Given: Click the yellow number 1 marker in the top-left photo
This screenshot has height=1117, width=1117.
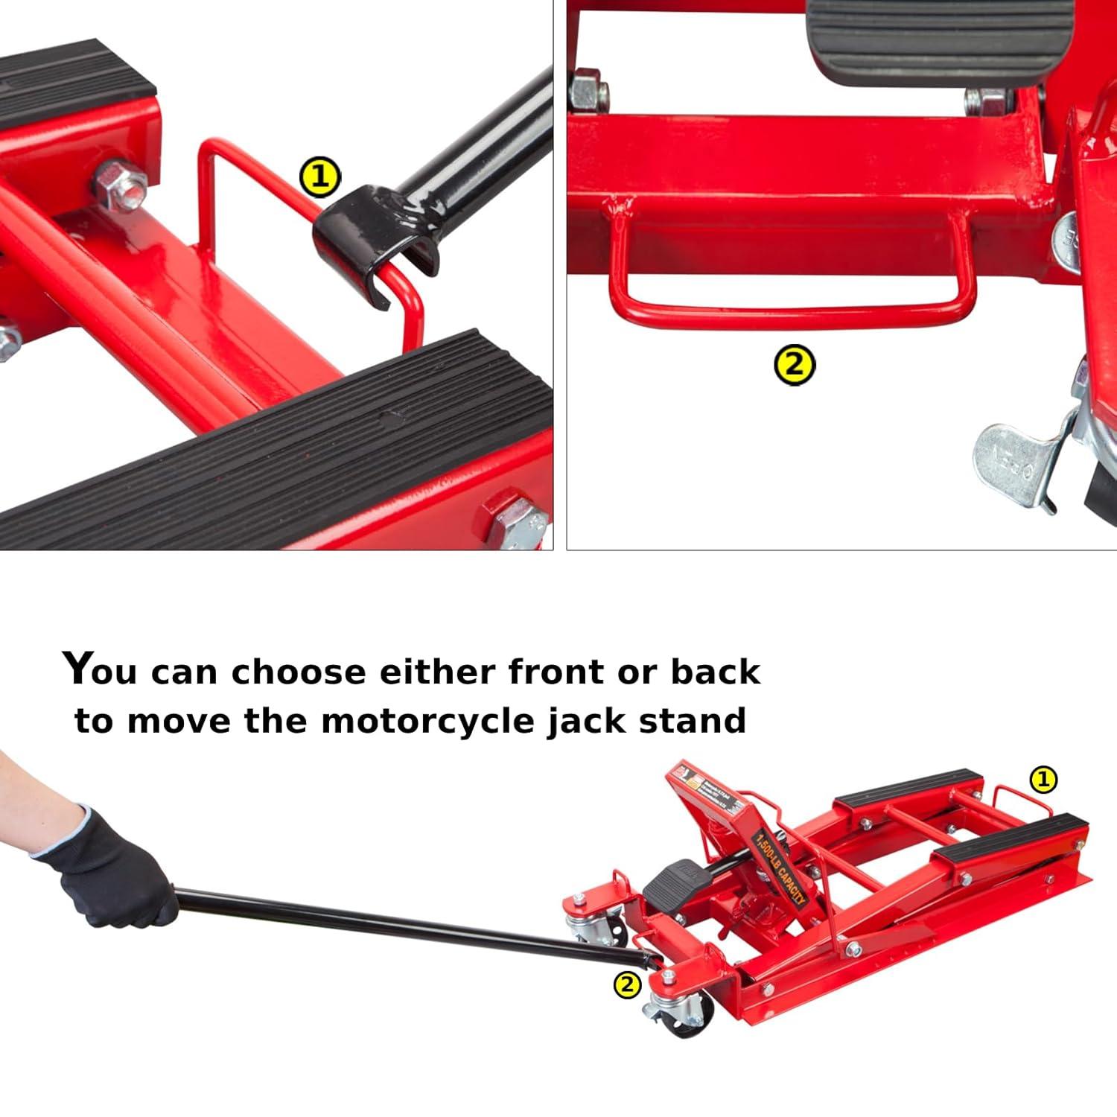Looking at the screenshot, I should pyautogui.click(x=319, y=178).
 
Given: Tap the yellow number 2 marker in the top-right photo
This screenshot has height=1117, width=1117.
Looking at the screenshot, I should pyautogui.click(x=795, y=365).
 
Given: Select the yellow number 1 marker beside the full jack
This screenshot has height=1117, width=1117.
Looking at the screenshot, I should pyautogui.click(x=1043, y=780).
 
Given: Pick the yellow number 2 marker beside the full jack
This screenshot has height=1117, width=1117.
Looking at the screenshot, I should pyautogui.click(x=627, y=985).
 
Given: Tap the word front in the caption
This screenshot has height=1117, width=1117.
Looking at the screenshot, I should pyautogui.click(x=556, y=672).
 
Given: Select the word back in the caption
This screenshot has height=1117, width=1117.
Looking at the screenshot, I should pyautogui.click(x=715, y=672).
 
